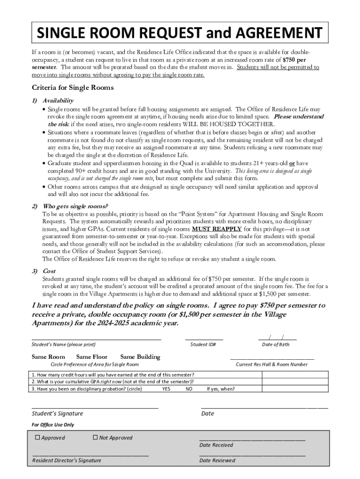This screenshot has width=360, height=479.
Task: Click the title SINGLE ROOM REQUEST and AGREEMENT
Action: (180, 33)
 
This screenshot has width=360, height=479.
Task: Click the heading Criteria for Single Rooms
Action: (72, 87)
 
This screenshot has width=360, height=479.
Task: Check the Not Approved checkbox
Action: (95, 437)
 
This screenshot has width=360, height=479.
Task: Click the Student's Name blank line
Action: (96, 338)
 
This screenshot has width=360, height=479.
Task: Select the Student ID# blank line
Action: (204, 338)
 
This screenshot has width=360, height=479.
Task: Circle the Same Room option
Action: (48, 357)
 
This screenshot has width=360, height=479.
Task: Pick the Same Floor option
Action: (92, 357)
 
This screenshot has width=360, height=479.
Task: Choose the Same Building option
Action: (140, 357)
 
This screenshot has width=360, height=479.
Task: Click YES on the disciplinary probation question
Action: (166, 389)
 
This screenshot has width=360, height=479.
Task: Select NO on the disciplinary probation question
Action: (189, 389)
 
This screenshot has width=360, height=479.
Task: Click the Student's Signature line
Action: (95, 407)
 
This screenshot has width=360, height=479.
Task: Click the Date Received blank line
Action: (252, 440)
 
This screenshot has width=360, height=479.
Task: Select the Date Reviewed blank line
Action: (252, 454)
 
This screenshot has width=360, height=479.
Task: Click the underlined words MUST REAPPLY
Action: (217, 229)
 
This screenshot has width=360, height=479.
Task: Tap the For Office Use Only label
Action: (53, 425)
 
